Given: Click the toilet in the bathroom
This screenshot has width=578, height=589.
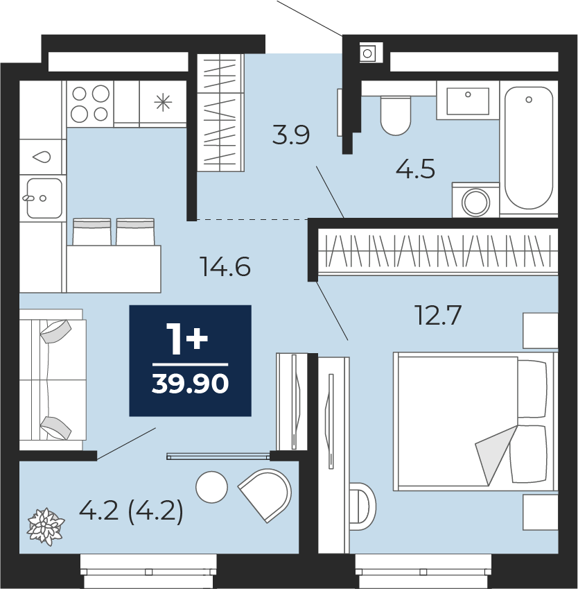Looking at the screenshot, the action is pos(396,115).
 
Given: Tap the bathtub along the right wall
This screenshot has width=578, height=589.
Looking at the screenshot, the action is pos(529,148).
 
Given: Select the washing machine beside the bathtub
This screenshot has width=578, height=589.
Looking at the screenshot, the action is pos(475,200).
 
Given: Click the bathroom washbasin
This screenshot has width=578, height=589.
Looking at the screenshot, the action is pos(468,101).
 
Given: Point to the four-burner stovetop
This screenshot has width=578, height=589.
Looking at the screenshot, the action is pos(90,103).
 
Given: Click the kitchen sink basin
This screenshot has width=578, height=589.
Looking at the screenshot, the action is pos(44,198).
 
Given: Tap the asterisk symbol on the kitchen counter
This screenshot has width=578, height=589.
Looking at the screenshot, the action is pos(163,103).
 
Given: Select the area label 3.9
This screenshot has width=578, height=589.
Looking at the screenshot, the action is pos(291,135).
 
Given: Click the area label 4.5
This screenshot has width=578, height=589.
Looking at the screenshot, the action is pos(416,169).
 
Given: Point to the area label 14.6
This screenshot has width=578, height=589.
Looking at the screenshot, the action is pos(225,266).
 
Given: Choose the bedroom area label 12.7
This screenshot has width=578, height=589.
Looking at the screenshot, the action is pos(437,315).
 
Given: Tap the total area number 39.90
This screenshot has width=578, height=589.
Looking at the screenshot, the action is pos(191,384).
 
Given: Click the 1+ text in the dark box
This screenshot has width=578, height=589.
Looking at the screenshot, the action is pos(187,339).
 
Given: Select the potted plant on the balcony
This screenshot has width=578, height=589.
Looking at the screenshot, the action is pos(46,527).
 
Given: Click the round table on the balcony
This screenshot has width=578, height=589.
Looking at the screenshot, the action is pos(211,487).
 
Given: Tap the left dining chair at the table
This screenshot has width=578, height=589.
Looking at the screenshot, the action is pos(92,232).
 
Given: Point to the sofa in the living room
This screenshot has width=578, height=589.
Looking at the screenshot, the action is pos(53,379).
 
